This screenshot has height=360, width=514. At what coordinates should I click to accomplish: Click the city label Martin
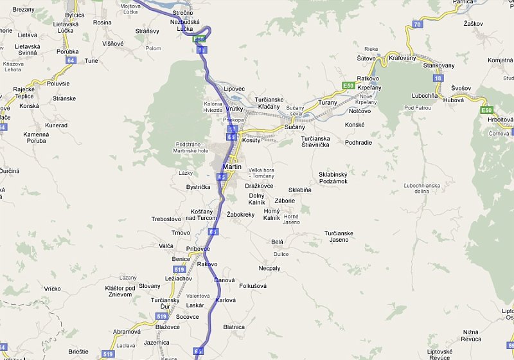(231, 166)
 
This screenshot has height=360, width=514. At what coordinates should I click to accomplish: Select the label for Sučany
(294, 128)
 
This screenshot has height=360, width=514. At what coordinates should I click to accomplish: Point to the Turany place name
(327, 103)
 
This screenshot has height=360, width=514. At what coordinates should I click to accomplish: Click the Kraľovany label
(403, 59)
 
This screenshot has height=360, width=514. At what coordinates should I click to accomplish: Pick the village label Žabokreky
(241, 214)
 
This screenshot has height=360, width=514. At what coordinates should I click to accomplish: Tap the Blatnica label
(234, 327)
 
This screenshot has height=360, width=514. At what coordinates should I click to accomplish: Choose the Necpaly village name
(269, 267)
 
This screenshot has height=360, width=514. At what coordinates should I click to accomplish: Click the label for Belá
(278, 242)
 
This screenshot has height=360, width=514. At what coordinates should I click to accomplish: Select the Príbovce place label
(198, 249)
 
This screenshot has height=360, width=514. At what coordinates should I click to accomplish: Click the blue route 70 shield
(417, 24)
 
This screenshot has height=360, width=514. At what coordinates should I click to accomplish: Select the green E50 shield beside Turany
(348, 85)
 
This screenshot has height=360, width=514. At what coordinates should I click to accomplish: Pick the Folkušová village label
(253, 285)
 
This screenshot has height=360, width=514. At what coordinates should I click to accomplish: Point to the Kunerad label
(57, 125)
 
